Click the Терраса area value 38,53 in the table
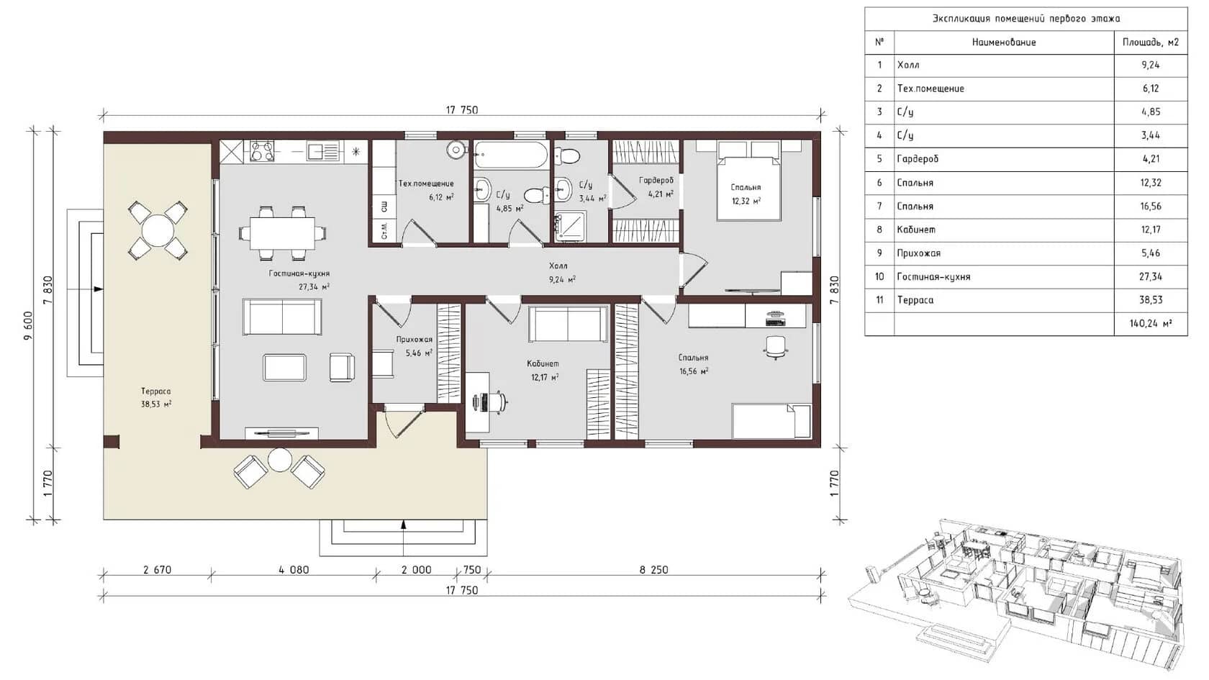click(x=1150, y=300)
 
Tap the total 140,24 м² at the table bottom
click(x=1150, y=324)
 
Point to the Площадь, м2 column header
click(x=1150, y=42)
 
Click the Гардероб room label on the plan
click(x=656, y=180)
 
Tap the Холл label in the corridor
click(x=558, y=266)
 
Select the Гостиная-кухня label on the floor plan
click(x=299, y=273)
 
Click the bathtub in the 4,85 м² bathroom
click(x=510, y=155)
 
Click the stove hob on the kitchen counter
click(x=261, y=151)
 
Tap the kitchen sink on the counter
click(x=323, y=151)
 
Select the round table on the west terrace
click(x=158, y=230)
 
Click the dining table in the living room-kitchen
click(x=282, y=233)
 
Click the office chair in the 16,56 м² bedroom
click(x=776, y=347)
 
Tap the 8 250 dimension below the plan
click(x=653, y=570)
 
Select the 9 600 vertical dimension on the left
click(x=29, y=325)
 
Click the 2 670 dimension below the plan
click(x=157, y=570)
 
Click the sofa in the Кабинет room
click(x=568, y=324)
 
